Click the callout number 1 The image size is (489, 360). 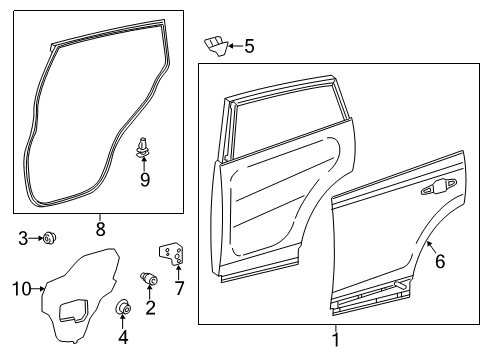tap(335, 339)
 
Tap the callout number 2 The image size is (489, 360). tap(151, 307)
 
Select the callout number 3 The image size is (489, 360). tap(23, 237)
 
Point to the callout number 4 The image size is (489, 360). tap(123, 337)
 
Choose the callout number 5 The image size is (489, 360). tap(249, 45)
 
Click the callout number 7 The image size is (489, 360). tap(179, 289)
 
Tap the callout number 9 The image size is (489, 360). tap(145, 180)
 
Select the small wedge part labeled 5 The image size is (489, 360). tap(214, 42)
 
